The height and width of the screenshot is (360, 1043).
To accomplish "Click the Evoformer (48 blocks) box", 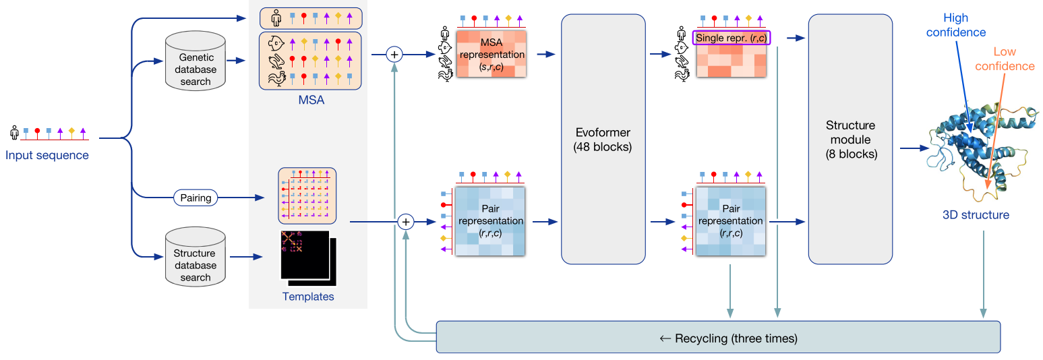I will (603, 139).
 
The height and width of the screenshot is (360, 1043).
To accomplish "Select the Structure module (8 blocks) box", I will (850, 139).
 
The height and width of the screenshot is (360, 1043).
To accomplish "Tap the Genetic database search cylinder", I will (195, 65).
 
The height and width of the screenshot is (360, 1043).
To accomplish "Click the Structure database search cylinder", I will (195, 260).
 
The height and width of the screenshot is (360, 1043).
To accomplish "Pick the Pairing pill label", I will (196, 198).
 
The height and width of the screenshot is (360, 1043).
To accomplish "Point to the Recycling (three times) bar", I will (718, 337).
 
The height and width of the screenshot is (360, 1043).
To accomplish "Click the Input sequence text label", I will (47, 156).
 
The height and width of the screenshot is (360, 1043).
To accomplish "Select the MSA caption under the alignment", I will (311, 100).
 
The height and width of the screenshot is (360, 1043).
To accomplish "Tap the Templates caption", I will (307, 296).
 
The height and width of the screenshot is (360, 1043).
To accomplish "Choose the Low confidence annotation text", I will (1005, 59).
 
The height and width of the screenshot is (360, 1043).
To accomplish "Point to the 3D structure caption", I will (976, 215).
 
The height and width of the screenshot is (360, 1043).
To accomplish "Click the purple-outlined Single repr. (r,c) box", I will (732, 38).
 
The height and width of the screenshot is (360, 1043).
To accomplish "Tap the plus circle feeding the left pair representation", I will (405, 221).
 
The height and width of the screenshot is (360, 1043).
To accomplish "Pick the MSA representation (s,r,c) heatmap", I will (491, 55).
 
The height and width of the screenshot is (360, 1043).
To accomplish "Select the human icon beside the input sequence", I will (14, 131).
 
